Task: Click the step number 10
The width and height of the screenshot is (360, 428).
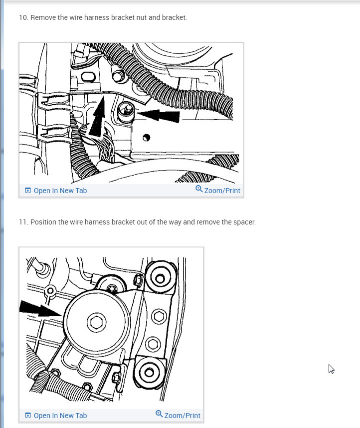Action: coord(23,17)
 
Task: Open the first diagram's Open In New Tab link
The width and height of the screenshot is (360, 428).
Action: coord(60,191)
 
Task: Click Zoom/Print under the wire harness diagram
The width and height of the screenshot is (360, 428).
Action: coord(222,191)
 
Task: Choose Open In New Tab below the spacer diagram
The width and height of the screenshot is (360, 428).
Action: coord(60,416)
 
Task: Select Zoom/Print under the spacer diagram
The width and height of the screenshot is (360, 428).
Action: coord(182,416)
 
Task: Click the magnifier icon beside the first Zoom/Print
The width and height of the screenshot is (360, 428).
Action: coord(199,189)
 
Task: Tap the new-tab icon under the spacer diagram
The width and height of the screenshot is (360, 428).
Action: coord(28,415)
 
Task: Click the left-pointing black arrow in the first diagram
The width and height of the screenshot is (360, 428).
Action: coord(158,115)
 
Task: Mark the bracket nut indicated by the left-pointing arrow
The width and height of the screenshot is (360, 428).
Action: coord(126,112)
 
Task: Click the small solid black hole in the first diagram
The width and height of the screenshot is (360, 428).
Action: coord(146,137)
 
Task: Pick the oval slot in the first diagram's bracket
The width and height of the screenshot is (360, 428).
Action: coord(88,76)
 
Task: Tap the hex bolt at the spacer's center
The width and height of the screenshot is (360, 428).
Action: coord(96,322)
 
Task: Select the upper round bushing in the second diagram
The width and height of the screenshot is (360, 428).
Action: coord(160,278)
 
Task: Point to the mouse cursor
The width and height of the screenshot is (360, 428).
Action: coord(331,369)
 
